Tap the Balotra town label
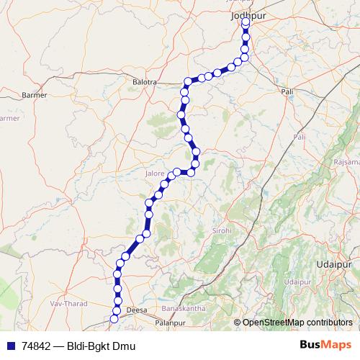tap(145, 82)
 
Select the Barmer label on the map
tap(35, 94)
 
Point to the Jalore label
tap(155, 174)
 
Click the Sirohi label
tap(220, 230)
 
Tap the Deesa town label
tap(136, 310)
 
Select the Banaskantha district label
tap(184, 308)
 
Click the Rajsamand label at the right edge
tap(346, 163)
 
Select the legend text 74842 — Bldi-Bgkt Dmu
tap(79, 346)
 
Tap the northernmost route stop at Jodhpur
tap(246, 22)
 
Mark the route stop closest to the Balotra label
tap(188, 81)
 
